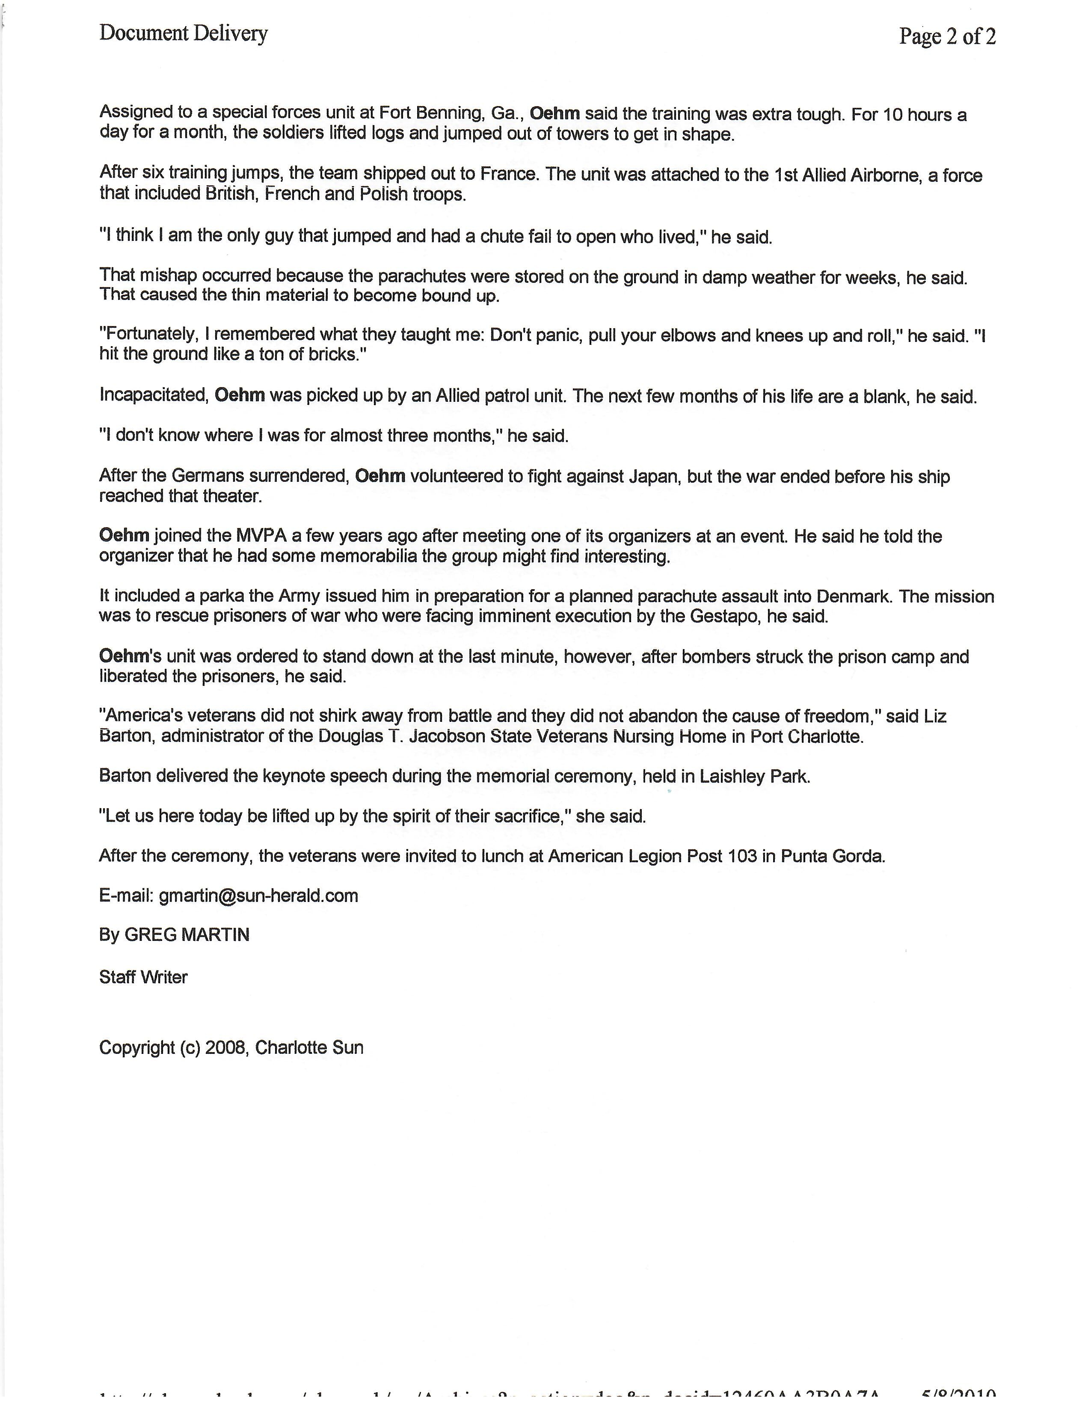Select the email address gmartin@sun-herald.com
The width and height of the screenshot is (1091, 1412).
258,896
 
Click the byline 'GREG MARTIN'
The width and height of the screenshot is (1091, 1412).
187,935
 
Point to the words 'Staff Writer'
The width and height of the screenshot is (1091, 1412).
143,977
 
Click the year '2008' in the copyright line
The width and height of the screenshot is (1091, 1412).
225,1047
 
